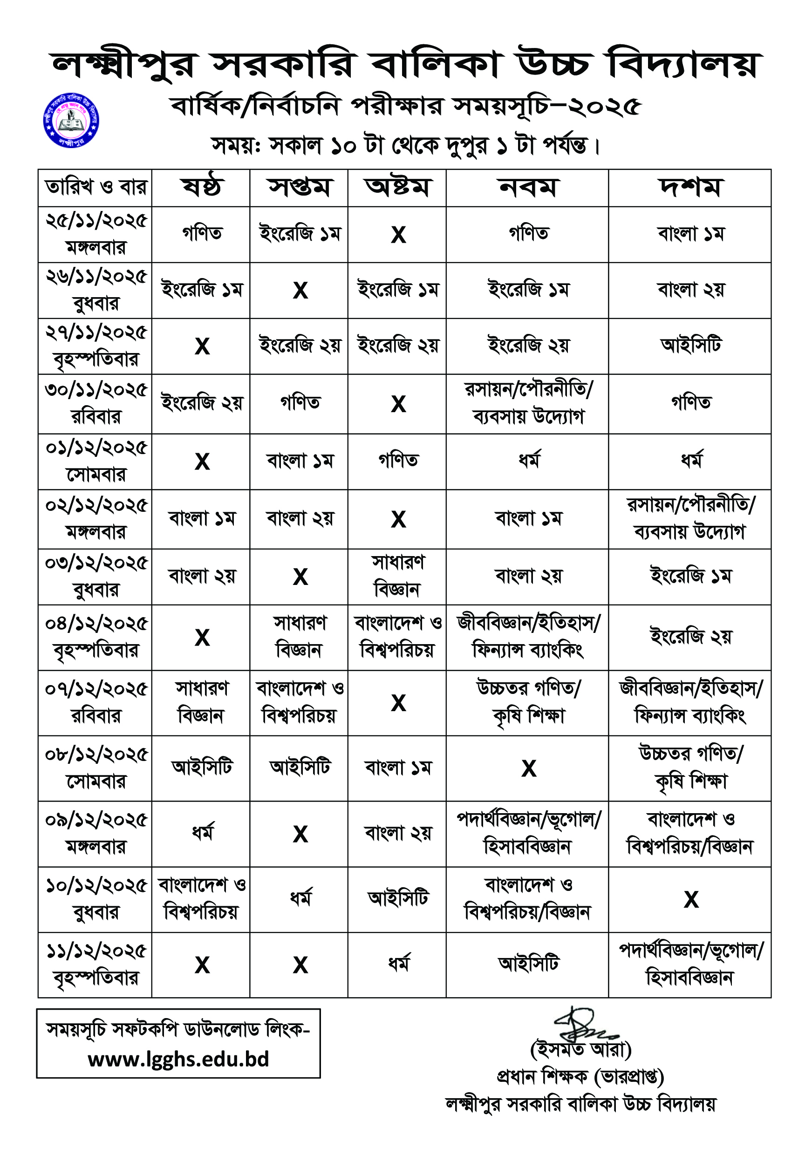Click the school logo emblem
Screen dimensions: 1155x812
point(71,121)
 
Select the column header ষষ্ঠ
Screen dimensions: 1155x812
point(201,188)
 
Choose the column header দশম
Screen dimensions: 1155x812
point(690,188)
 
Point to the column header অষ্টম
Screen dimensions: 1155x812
point(397,188)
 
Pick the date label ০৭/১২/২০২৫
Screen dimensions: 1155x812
point(96,689)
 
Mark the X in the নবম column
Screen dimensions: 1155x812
point(528,768)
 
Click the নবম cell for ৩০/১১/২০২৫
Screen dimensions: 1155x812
point(528,404)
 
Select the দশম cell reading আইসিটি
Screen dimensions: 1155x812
point(691,346)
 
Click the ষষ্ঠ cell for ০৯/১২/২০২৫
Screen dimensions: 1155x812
point(202,834)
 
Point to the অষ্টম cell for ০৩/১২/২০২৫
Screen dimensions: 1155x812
point(397,577)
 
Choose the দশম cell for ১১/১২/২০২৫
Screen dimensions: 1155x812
point(691,965)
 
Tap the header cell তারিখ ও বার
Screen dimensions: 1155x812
point(96,188)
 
